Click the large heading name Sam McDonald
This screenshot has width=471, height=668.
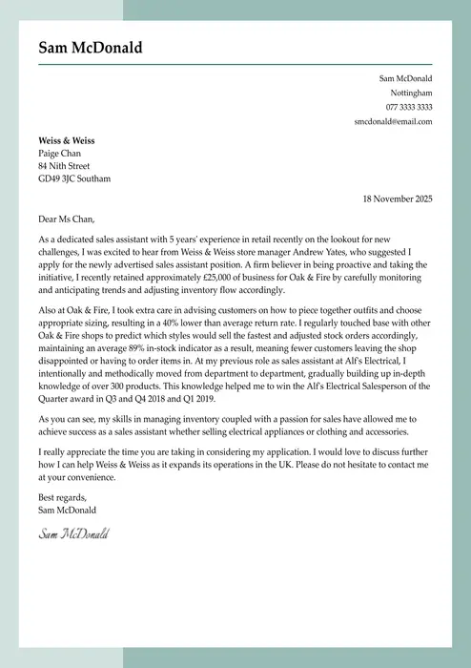pyautogui.click(x=91, y=48)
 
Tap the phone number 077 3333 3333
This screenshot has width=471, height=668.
pyautogui.click(x=409, y=108)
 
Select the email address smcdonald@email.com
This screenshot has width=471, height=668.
pyautogui.click(x=393, y=122)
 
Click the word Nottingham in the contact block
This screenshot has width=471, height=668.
pyautogui.click(x=411, y=94)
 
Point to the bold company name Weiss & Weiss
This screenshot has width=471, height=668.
pyautogui.click(x=67, y=140)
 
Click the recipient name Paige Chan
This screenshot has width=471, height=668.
pyautogui.click(x=59, y=154)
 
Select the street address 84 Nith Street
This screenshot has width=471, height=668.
pyautogui.click(x=64, y=166)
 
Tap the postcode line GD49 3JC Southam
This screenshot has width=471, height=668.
pyautogui.click(x=74, y=178)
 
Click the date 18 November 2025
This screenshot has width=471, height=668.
pyautogui.click(x=398, y=198)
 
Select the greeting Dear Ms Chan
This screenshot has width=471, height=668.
pyautogui.click(x=67, y=219)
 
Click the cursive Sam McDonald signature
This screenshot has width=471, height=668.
pyautogui.click(x=73, y=532)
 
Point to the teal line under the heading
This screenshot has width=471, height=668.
pyautogui.click(x=235, y=65)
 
